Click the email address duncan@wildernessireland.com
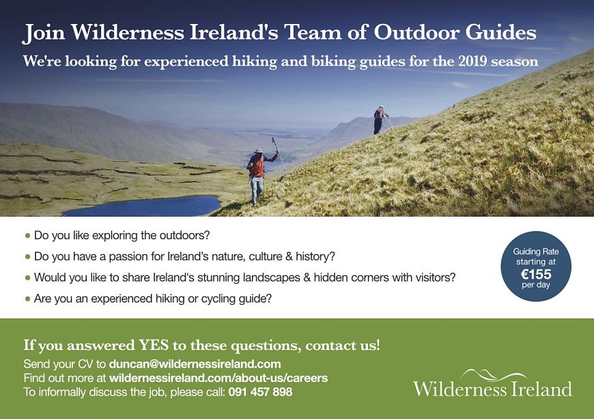coord(195,364)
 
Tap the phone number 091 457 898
coord(260,392)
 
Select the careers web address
coord(218,378)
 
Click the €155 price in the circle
coord(536,274)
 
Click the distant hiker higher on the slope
coord(380,120)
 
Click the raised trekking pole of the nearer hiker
coord(279,154)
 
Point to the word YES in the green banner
coord(154,345)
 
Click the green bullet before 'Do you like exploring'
coord(27,236)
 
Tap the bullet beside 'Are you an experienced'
coord(27,299)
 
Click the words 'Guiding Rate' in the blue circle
coord(536,252)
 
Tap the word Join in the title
coord(44,33)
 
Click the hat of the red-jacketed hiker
coord(258,150)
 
